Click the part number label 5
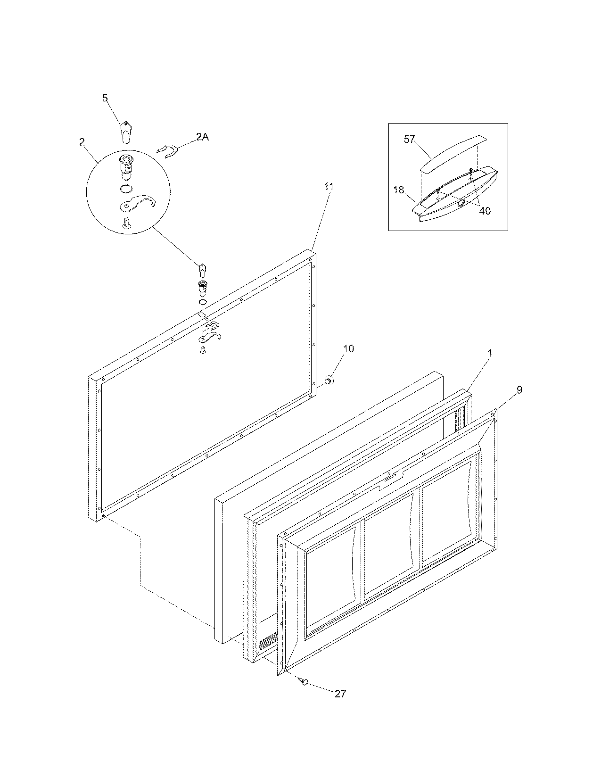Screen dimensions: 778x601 (x=105, y=98)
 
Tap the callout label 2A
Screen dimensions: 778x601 (x=202, y=137)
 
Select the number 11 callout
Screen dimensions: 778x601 (x=329, y=187)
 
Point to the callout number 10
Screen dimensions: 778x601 (x=348, y=349)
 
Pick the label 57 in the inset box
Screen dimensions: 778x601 (x=410, y=139)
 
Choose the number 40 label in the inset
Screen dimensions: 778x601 (x=485, y=211)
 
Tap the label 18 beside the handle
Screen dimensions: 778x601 (x=399, y=190)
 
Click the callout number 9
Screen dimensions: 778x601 (x=519, y=389)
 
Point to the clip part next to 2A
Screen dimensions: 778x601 (x=166, y=150)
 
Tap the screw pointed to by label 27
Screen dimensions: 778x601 (x=303, y=681)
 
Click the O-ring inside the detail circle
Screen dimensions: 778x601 (x=126, y=189)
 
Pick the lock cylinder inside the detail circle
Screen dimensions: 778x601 (x=127, y=167)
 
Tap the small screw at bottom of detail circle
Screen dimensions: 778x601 (x=126, y=223)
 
